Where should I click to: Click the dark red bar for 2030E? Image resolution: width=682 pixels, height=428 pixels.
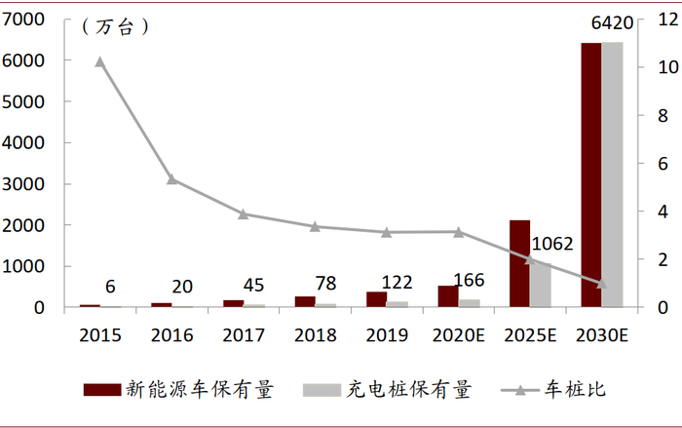pyautogui.click(x=590, y=175)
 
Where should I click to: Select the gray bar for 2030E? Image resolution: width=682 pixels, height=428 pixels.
pyautogui.click(x=612, y=175)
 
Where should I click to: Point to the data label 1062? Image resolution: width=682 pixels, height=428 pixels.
pyautogui.click(x=551, y=244)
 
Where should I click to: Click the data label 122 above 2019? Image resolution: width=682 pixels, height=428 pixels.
pyautogui.click(x=397, y=283)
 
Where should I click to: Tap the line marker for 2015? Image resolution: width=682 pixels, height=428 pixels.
pyautogui.click(x=100, y=61)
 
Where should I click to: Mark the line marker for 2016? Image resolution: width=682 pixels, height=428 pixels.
pyautogui.click(x=171, y=179)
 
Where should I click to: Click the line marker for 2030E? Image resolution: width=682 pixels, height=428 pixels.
pyautogui.click(x=601, y=284)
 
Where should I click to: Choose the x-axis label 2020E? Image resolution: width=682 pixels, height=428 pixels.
pyautogui.click(x=458, y=335)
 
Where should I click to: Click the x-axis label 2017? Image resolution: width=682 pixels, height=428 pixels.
pyautogui.click(x=243, y=335)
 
